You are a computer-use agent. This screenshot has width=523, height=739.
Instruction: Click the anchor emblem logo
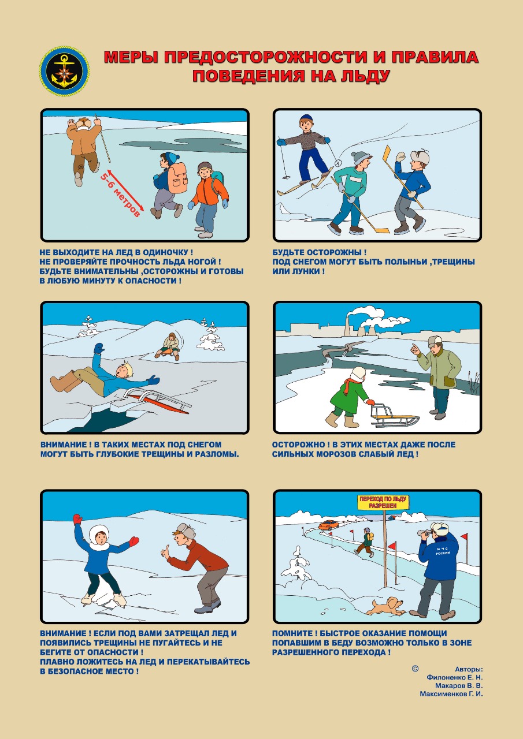point(64,71)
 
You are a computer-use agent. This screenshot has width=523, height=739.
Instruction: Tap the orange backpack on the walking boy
point(177,178)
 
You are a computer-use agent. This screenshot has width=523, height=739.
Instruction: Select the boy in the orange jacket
point(208,200)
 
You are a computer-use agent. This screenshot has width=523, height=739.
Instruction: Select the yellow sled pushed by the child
point(394,415)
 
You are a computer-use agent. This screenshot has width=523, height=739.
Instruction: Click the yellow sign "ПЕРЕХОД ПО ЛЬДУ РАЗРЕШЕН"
point(383,503)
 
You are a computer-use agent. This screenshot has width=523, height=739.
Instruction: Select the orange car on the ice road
point(328,525)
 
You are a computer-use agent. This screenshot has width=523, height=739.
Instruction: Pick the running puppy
point(386,606)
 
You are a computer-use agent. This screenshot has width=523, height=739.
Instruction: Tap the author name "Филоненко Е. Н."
point(454,677)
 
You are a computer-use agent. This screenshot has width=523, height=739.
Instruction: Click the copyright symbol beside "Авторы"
point(415,669)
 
